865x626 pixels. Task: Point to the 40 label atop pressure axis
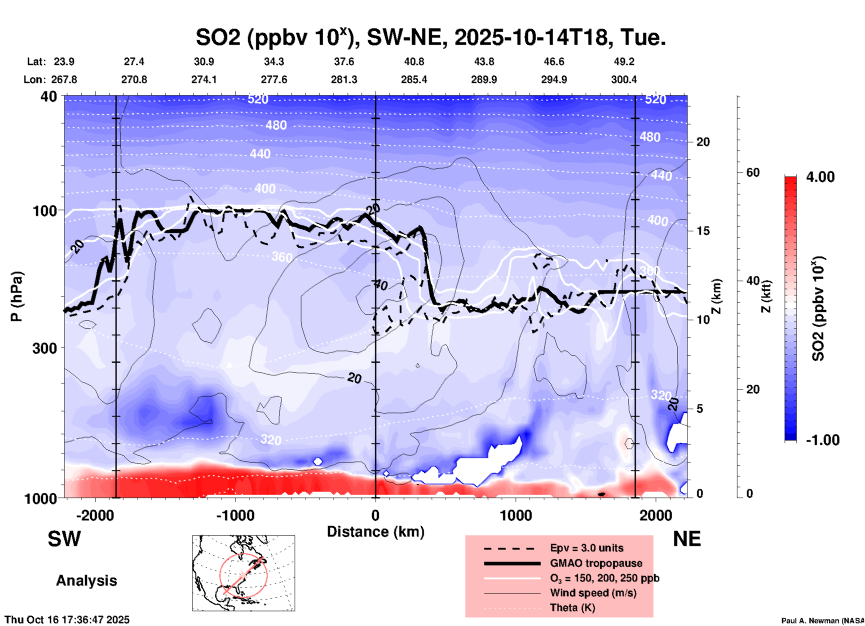pyautogui.click(x=49, y=97)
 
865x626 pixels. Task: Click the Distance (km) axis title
pyautogui.click(x=375, y=532)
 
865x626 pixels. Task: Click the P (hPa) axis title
pyautogui.click(x=17, y=296)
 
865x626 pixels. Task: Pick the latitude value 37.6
pyautogui.click(x=344, y=62)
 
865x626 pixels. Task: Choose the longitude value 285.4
pyautogui.click(x=414, y=79)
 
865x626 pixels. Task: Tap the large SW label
pyautogui.click(x=64, y=539)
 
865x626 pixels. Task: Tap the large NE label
pyautogui.click(x=687, y=539)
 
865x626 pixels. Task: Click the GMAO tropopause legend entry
pyautogui.click(x=596, y=563)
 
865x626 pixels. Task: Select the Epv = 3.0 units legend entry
pyautogui.click(x=587, y=548)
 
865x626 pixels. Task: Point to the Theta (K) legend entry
pyautogui.click(x=572, y=608)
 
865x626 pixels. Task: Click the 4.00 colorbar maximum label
pyautogui.click(x=820, y=177)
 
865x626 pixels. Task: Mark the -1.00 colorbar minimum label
pyautogui.click(x=822, y=440)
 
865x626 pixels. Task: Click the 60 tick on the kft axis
pyautogui.click(x=753, y=172)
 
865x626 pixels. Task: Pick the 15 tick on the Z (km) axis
pyautogui.click(x=703, y=231)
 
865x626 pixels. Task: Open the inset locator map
pyautogui.click(x=243, y=573)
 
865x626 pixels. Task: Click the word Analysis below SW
pyautogui.click(x=86, y=581)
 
